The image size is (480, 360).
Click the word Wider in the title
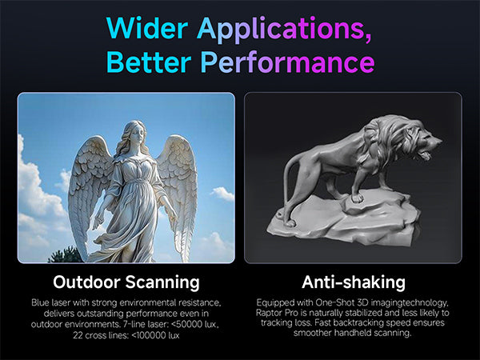pyautogui.click(x=147, y=27)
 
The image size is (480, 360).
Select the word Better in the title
pyautogui.click(x=149, y=62)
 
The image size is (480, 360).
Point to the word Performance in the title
pyautogui.click(x=288, y=62)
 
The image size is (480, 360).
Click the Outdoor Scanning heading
pyautogui.click(x=126, y=282)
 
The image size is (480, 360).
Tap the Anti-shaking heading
pyautogui.click(x=354, y=282)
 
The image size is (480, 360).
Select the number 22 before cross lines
pyautogui.click(x=78, y=335)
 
